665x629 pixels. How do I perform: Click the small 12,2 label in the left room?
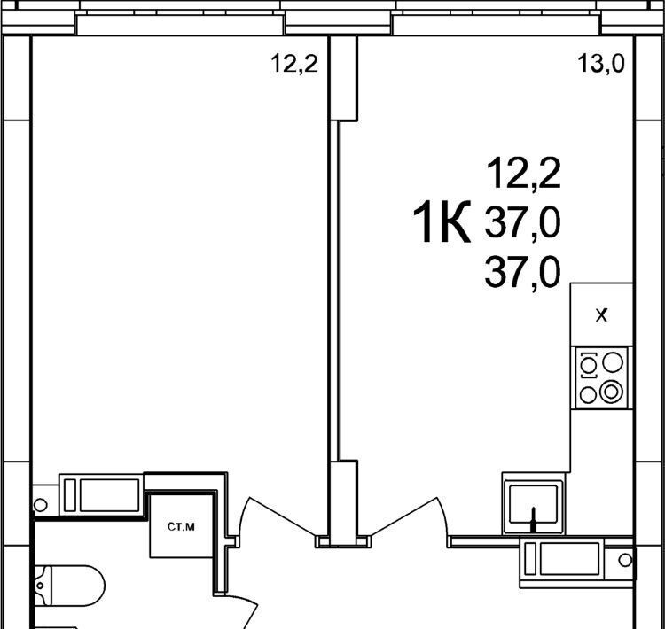click(294, 65)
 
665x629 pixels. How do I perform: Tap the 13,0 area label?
click(601, 65)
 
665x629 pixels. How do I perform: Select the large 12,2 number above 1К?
click(524, 174)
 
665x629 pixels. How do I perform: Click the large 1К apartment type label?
click(442, 221)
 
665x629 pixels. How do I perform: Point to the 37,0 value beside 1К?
click(522, 222)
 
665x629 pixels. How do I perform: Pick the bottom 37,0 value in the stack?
click(522, 272)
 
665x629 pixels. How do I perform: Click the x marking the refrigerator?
click(601, 315)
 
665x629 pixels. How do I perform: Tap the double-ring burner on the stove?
click(611, 392)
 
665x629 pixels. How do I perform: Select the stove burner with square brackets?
click(588, 364)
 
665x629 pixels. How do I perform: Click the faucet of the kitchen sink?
click(534, 519)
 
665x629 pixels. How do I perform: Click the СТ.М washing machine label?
click(181, 527)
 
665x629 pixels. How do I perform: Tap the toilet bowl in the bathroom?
click(69, 586)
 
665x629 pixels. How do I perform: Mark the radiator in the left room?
click(102, 494)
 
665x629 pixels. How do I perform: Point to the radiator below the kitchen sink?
click(563, 559)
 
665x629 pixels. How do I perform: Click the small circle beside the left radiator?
click(40, 505)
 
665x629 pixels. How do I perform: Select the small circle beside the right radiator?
click(625, 560)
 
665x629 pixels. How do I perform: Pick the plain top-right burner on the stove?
click(613, 363)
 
